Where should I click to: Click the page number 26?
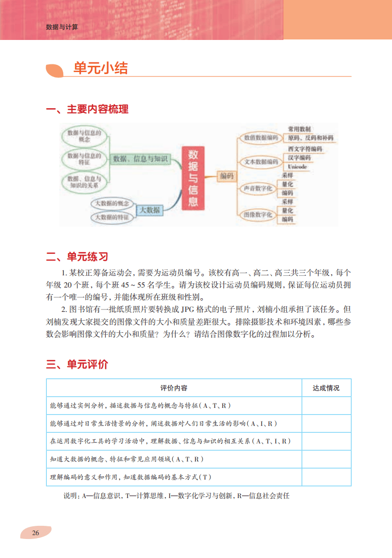coord(35,532)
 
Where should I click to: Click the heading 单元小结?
coord(100,69)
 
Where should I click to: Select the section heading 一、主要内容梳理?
coord(87,109)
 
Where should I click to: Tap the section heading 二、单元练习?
coord(77,257)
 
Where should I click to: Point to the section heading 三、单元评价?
coord(77,364)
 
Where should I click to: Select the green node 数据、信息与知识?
coord(140,158)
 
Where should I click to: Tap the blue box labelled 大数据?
coord(149,210)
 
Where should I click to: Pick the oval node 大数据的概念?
coord(112,203)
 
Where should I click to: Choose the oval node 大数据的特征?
coord(112,217)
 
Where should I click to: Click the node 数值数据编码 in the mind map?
coord(261,138)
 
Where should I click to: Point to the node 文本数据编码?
coord(261,162)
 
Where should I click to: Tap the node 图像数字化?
coord(258,214)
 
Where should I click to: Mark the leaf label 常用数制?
coord(299,129)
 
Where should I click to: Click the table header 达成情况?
coord(326,388)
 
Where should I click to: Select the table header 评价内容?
coord(174,388)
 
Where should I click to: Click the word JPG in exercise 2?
coord(187,309)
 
